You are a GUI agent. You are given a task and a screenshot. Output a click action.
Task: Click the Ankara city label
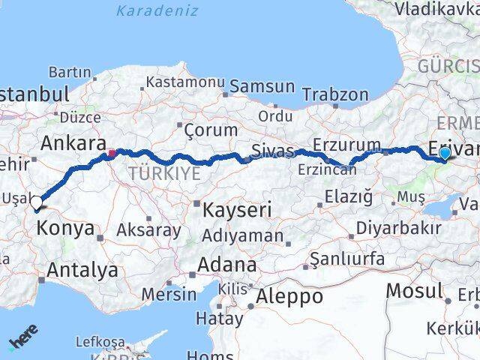(73, 143)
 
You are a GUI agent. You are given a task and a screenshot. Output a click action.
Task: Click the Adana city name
(227, 265)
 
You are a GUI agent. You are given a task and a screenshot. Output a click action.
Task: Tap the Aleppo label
(289, 296)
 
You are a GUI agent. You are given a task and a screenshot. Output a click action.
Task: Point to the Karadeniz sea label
(157, 10)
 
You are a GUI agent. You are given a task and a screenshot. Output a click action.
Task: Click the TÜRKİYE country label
(163, 174)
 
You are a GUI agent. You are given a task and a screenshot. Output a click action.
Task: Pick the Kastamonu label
(185, 81)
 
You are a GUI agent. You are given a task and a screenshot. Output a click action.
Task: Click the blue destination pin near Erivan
(445, 153)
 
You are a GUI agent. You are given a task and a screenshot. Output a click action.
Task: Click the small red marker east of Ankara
(112, 154)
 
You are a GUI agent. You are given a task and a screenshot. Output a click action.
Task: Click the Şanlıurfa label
(352, 259)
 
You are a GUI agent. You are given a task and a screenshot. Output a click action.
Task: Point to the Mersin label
(168, 294)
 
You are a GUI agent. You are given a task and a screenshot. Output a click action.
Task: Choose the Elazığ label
(348, 197)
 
